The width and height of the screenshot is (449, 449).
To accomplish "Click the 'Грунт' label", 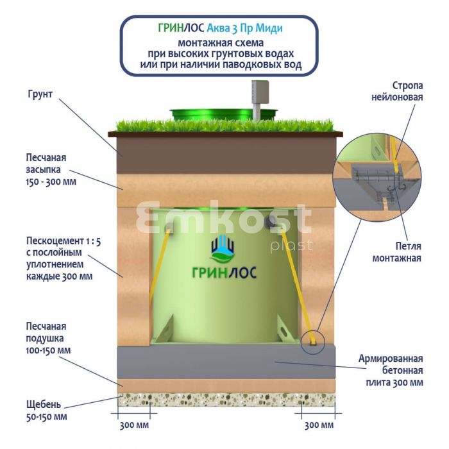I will (40, 95).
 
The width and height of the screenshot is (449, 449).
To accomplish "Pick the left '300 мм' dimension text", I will (135, 425).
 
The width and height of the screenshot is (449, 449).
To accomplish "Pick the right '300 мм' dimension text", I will (318, 425).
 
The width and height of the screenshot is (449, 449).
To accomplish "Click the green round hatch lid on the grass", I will (224, 114).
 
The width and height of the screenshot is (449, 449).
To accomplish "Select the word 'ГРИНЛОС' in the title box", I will (181, 28).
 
